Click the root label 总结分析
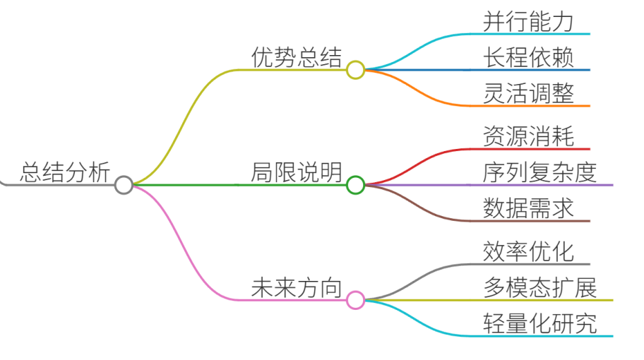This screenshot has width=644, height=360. (65, 172)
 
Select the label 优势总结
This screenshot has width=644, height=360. (297, 56)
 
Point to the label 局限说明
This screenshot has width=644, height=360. (297, 172)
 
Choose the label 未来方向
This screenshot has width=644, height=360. (297, 287)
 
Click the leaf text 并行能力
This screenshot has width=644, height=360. (528, 21)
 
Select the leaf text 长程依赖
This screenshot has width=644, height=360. (528, 57)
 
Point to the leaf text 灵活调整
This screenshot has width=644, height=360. (528, 92)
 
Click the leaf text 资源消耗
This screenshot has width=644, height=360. (528, 136)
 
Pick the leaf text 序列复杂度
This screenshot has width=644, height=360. (539, 172)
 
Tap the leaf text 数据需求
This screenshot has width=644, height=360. (528, 208)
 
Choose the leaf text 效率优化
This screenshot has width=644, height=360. (528, 251)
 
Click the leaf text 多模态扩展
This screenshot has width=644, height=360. (539, 287)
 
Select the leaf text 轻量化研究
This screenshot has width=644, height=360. (539, 323)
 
